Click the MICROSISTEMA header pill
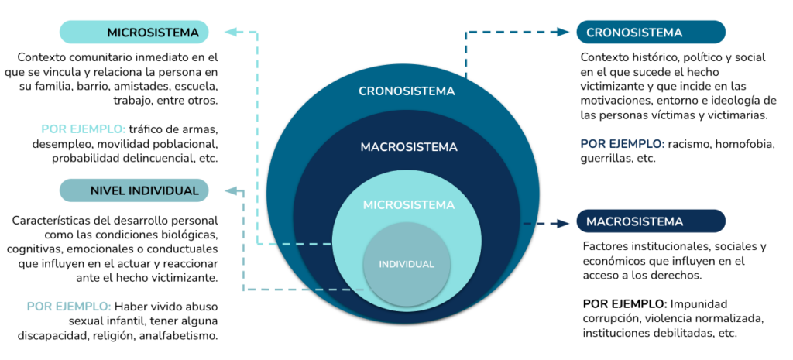(134, 32)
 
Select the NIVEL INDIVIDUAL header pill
(134, 190)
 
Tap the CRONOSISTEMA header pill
(651, 32)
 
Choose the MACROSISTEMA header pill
(651, 221)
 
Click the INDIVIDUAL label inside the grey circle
(407, 265)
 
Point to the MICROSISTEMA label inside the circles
(409, 205)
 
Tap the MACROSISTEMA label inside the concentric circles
(409, 147)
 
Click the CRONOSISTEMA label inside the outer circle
(407, 91)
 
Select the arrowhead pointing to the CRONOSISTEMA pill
(564, 32)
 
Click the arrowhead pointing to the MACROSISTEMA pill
(564, 223)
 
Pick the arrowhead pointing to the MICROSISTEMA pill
(231, 32)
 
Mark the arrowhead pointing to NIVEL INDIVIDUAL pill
(231, 190)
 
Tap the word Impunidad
(699, 304)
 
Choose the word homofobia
(746, 144)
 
